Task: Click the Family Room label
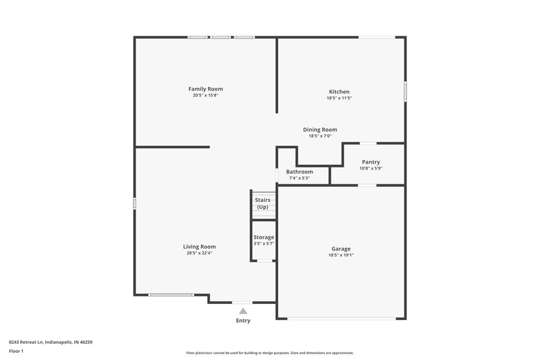(x=205, y=89)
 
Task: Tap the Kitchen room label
(x=339, y=92)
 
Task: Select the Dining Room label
(x=319, y=130)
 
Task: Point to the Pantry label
(x=371, y=162)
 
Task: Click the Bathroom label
(x=299, y=172)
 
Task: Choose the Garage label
(x=340, y=249)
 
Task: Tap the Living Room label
(x=199, y=247)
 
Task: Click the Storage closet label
(x=263, y=238)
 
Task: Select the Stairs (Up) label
(x=263, y=203)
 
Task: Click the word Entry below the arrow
(x=243, y=321)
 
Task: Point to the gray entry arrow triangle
(x=243, y=311)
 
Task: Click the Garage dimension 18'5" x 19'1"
(x=340, y=255)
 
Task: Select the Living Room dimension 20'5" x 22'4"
(x=199, y=253)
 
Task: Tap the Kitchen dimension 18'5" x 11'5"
(x=339, y=99)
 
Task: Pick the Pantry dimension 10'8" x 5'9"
(x=371, y=168)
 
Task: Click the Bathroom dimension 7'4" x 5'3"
(x=299, y=178)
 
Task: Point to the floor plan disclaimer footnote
(x=269, y=353)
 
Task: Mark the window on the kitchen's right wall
(x=405, y=92)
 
